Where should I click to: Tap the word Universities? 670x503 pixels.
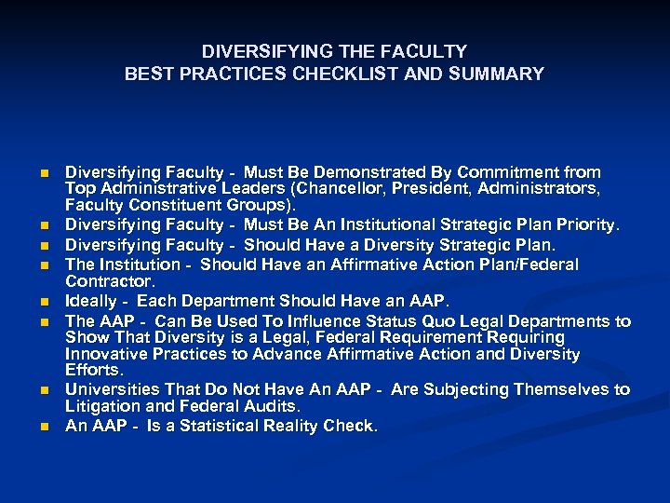pyautogui.click(x=110, y=390)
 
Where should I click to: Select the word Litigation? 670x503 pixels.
pyautogui.click(x=101, y=407)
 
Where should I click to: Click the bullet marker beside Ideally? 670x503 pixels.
pyautogui.click(x=44, y=302)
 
